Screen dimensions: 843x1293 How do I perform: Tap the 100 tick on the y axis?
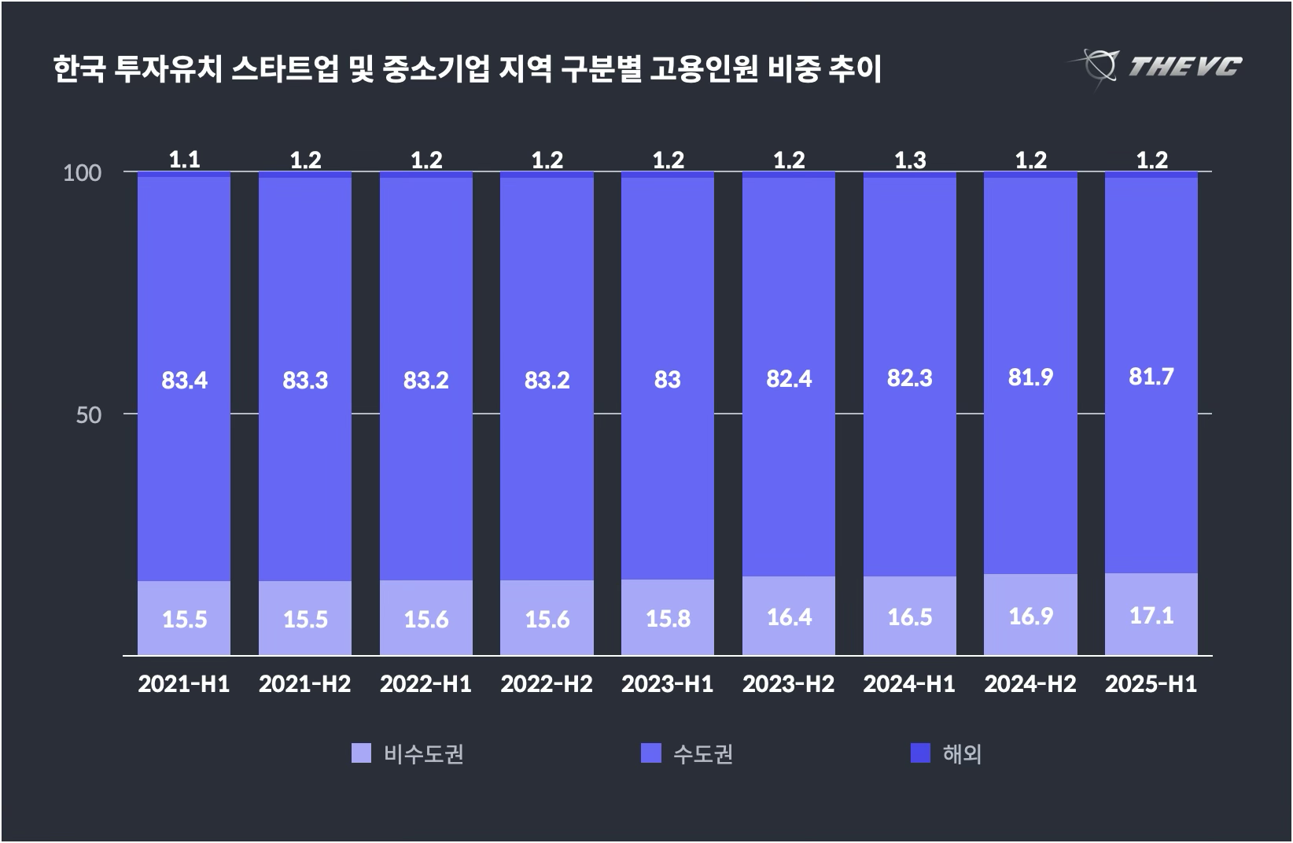83,172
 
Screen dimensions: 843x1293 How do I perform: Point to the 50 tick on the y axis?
89,414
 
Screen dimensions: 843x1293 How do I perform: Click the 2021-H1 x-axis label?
184,684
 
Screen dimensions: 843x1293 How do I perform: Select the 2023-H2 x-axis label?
788,684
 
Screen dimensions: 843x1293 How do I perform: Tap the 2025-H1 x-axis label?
1151,684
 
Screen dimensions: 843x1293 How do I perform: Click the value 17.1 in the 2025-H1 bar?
1151,615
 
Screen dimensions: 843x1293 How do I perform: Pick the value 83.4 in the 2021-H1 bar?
184,381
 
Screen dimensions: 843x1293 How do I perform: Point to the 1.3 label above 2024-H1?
909,160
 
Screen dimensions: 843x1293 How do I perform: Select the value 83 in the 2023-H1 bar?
667,380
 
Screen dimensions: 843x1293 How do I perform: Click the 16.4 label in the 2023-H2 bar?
789,617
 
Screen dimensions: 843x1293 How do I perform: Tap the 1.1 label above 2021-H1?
184,160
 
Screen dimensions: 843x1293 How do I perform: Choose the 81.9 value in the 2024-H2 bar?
1030,377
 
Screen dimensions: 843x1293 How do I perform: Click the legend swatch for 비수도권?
361,753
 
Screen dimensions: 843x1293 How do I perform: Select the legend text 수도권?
703,754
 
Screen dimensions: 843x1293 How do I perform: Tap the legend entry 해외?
962,754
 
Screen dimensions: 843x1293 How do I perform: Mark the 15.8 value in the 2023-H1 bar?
668,618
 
